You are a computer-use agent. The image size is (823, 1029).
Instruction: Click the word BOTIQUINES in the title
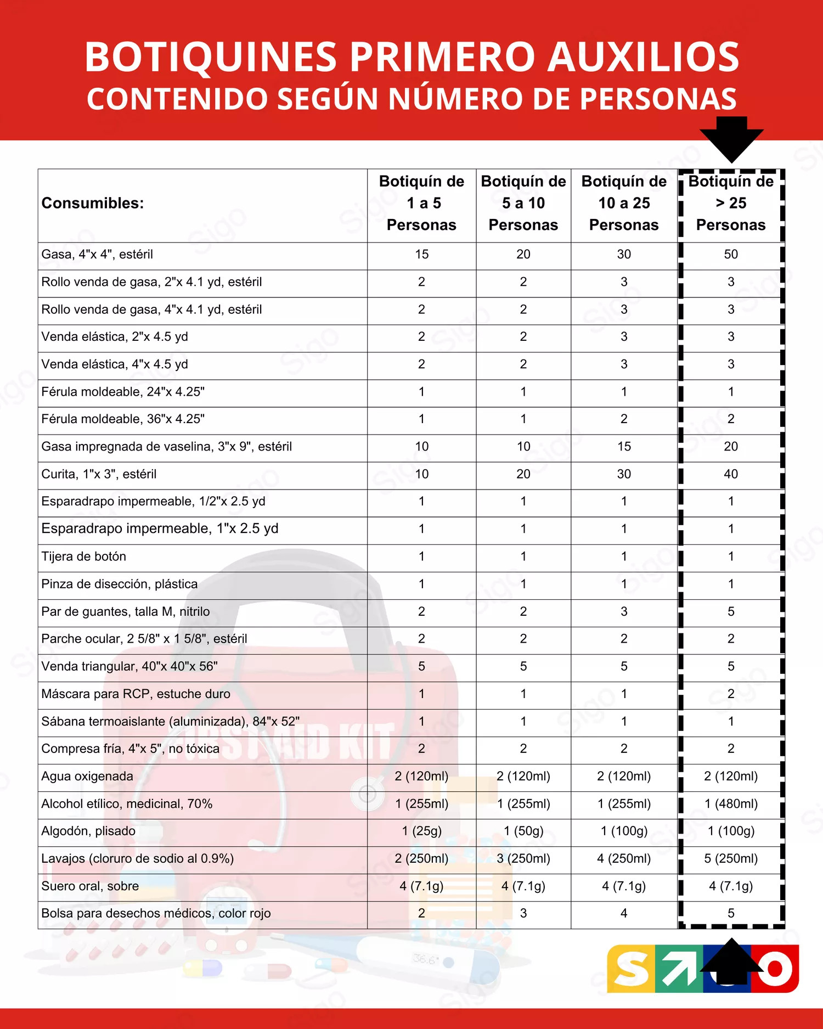211,57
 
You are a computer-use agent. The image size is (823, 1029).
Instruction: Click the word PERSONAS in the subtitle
658,99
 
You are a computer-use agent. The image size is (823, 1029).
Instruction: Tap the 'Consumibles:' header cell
93,203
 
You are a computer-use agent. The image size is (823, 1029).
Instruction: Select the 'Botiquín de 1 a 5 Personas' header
421,203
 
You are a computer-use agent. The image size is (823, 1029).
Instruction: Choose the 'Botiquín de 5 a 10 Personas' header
523,203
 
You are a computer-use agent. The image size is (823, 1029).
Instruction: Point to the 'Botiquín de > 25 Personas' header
730,203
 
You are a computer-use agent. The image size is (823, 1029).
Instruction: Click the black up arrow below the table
731,960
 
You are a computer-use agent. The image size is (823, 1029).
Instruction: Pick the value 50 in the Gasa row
730,254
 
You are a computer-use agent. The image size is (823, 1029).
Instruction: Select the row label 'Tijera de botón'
84,556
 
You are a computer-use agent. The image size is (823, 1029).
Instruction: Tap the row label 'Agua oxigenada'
87,776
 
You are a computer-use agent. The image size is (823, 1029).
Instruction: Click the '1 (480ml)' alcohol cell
731,803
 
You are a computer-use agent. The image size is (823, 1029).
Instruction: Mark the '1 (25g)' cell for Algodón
421,831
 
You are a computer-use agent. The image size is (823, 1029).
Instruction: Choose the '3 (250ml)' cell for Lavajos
523,858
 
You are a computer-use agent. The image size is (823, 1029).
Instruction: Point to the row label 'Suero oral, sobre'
90,886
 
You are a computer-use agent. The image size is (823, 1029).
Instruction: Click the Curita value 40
730,474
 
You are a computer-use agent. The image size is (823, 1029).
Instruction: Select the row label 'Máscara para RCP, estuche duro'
136,694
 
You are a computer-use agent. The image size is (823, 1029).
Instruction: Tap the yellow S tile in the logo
631,969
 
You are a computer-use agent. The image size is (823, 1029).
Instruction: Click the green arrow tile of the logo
679,969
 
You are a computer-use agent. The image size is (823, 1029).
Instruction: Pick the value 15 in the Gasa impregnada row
624,446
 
